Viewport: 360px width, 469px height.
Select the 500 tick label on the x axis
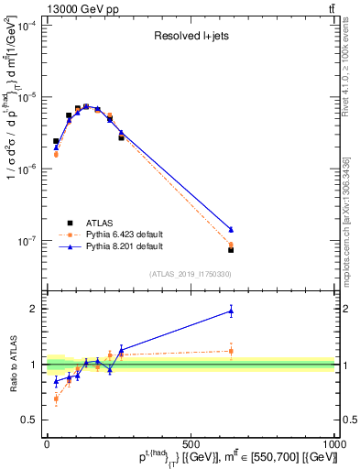point(191,443)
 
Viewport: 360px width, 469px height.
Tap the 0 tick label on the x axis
point(48,443)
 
